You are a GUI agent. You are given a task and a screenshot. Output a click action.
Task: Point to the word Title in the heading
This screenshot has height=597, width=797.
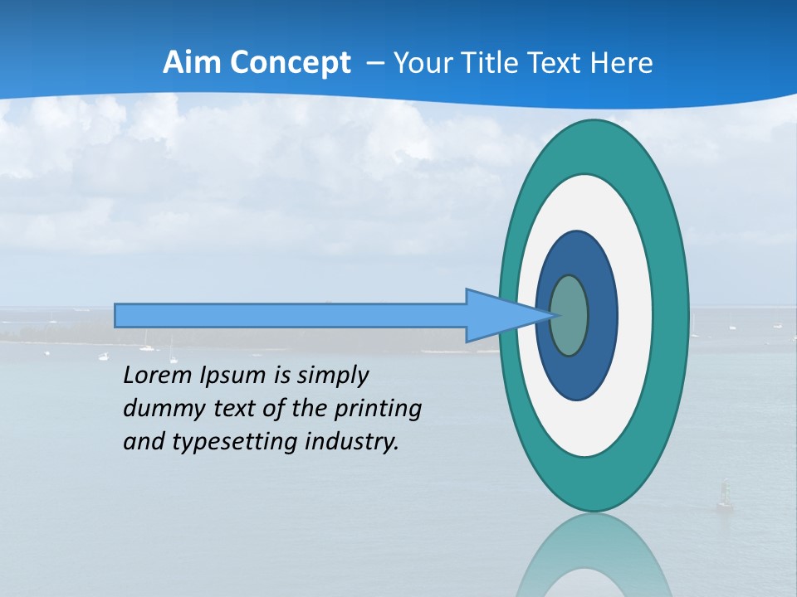coord(491,63)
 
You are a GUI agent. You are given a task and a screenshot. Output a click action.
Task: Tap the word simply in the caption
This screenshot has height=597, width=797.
coord(332,376)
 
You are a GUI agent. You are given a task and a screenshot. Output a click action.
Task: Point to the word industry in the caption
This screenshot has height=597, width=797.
coord(352,442)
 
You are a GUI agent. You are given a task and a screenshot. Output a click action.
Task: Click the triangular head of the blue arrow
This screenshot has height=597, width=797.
coord(499,315)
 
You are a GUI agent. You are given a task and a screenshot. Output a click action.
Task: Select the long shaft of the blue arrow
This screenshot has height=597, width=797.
coord(291,315)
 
